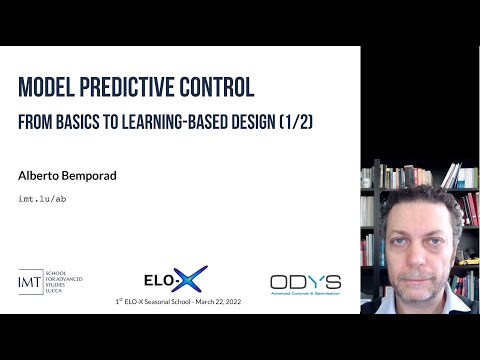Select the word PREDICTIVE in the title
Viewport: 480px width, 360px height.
tap(140, 89)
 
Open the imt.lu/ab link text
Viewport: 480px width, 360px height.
tap(43, 198)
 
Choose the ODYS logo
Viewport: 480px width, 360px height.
tap(304, 283)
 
